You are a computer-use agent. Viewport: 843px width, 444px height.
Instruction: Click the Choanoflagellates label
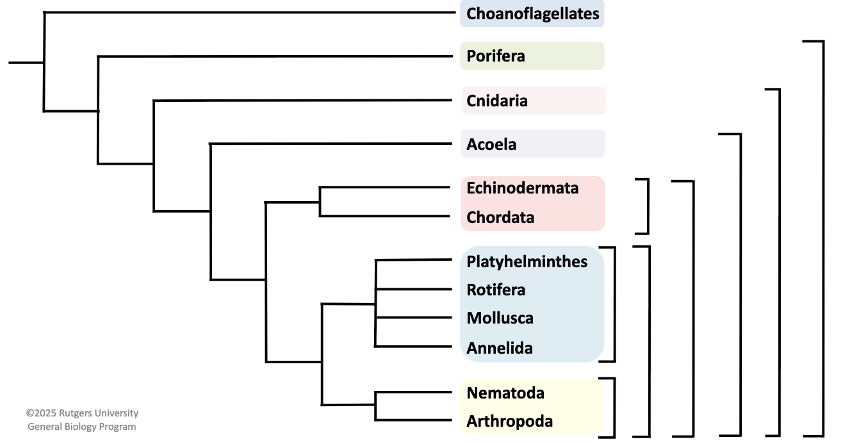tap(532, 13)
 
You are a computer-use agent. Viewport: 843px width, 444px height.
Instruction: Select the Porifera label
tap(496, 56)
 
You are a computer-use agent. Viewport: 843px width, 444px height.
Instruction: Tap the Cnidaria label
tap(497, 101)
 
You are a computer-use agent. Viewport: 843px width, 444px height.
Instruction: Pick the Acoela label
tap(491, 144)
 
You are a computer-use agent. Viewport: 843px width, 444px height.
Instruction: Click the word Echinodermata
tap(522, 188)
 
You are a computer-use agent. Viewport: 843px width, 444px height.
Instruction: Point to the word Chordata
tap(500, 217)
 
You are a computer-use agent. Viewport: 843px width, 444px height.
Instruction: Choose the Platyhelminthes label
tap(527, 261)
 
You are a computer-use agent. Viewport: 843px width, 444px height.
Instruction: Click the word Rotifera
tap(496, 290)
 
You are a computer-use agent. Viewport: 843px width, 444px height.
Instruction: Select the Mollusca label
tap(500, 318)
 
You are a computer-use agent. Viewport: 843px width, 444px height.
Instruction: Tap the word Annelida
tap(500, 348)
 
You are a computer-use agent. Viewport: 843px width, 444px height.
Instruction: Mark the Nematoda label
tap(505, 392)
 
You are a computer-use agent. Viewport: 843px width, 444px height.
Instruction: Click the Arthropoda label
tap(509, 422)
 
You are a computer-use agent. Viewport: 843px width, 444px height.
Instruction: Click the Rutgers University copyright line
tap(82, 413)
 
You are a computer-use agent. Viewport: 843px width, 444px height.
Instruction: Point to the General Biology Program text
tap(82, 427)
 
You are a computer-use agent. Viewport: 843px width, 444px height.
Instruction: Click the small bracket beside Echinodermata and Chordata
tap(648, 206)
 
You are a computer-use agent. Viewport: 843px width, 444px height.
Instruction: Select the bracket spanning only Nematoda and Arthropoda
tap(614, 407)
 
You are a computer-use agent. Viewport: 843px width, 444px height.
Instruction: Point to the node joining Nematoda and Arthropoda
tap(375, 405)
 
